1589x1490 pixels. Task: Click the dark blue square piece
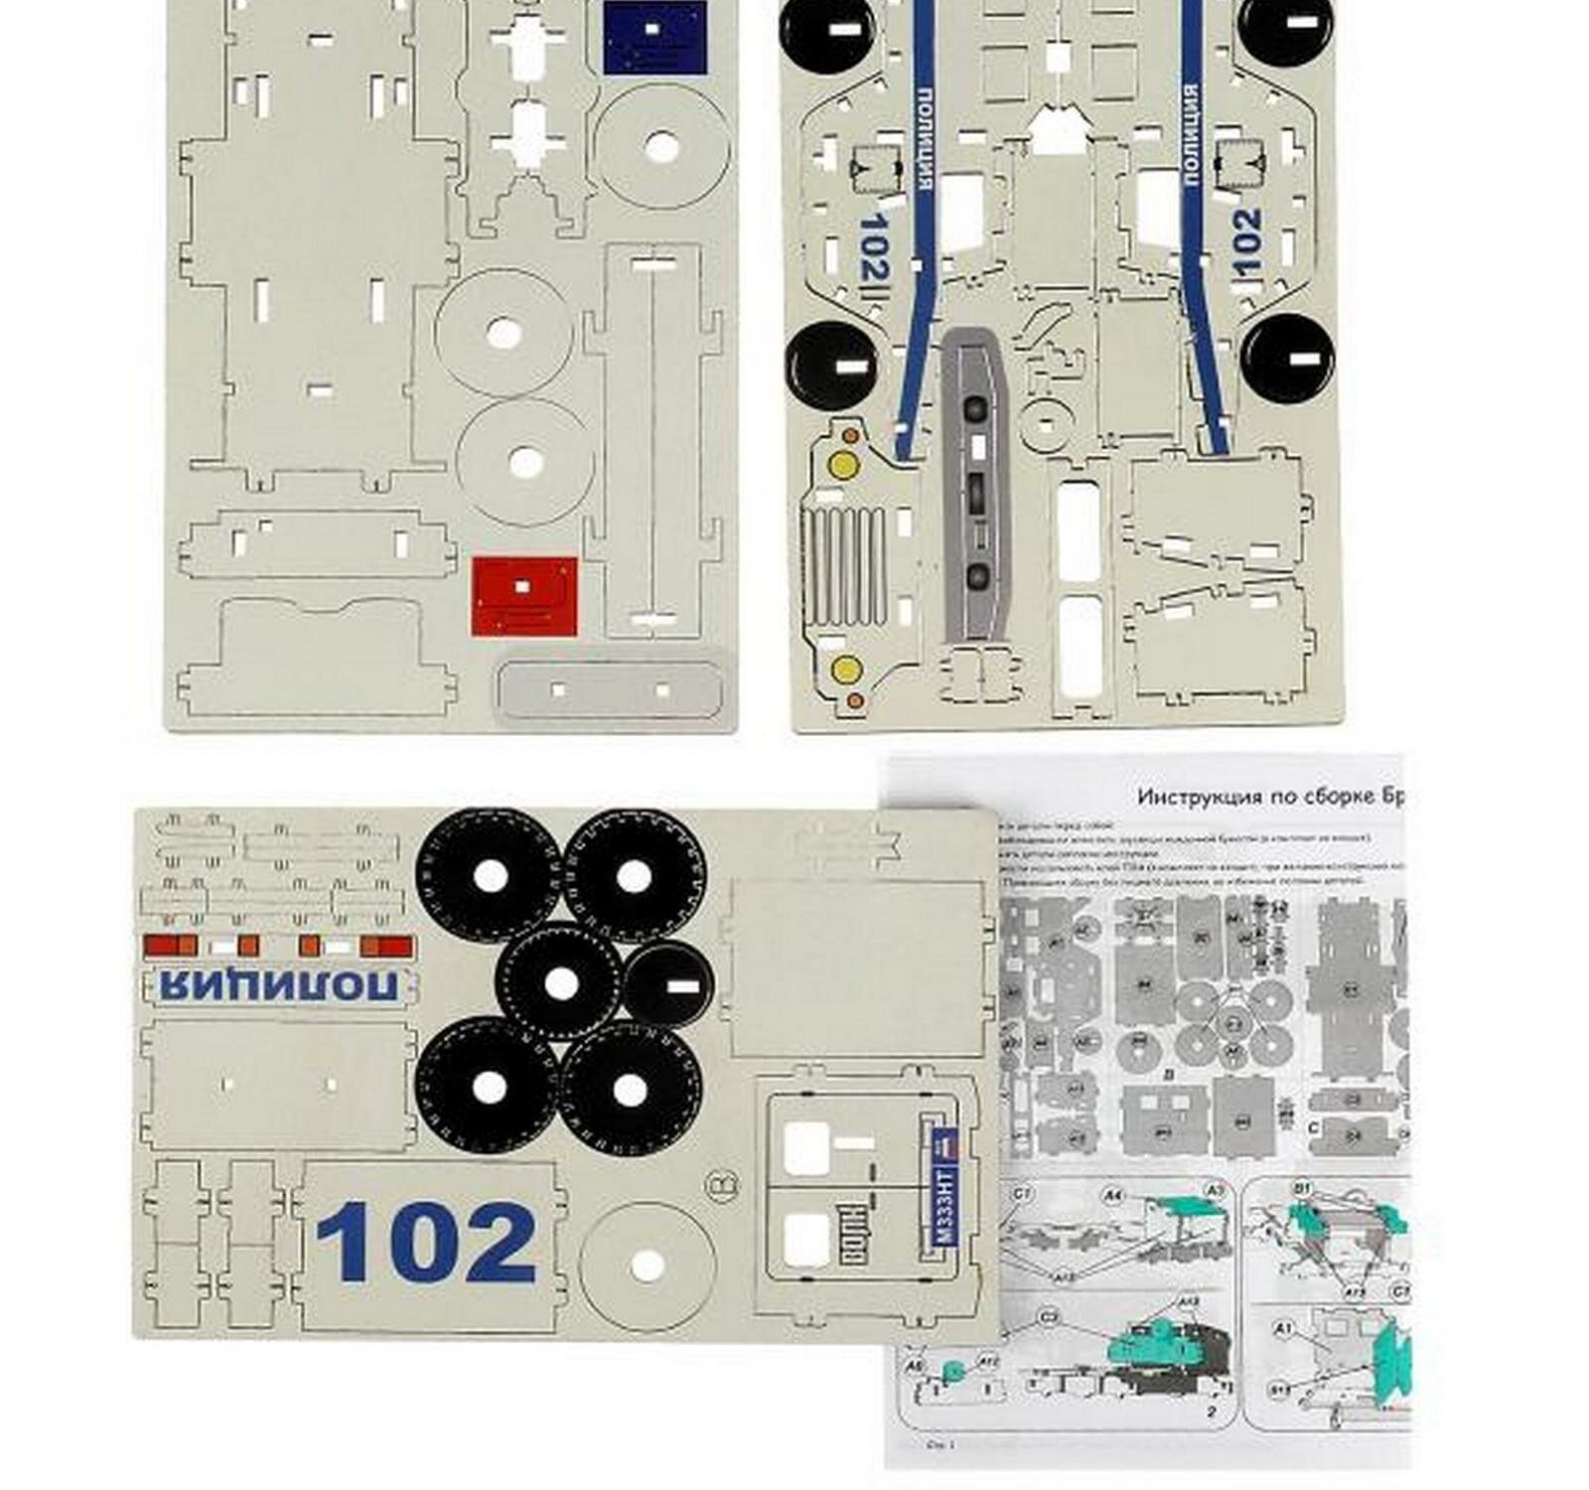(654, 37)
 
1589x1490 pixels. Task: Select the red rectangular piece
(523, 595)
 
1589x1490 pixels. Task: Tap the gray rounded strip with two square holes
(611, 689)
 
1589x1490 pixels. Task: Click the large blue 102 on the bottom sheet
(427, 1242)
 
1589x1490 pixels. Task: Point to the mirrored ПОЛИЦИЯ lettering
(278, 985)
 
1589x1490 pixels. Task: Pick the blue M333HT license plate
(944, 1189)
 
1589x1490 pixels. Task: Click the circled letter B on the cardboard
(722, 1185)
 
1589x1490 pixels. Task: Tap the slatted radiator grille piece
(843, 566)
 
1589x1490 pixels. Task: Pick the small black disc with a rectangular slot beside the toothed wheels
(668, 984)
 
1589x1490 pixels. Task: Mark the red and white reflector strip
(278, 946)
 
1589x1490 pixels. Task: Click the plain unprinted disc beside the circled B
(648, 1266)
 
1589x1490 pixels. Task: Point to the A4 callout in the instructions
(1112, 1196)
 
